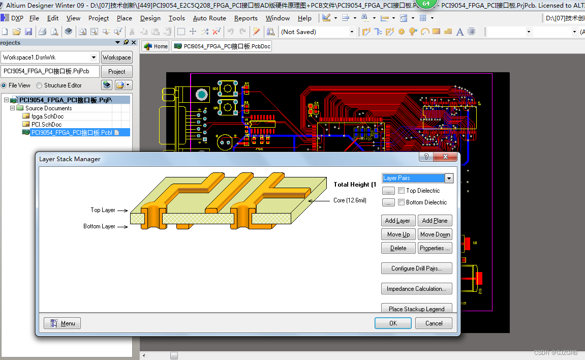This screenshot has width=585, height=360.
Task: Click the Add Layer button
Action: click(397, 221)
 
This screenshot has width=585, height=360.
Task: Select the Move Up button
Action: click(398, 234)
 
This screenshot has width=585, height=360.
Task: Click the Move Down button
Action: click(435, 234)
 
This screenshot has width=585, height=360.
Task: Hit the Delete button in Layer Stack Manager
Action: click(398, 248)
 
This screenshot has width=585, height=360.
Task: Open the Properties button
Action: click(435, 248)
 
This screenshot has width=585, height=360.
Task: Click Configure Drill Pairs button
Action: click(416, 268)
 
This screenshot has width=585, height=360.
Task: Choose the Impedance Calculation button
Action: click(416, 289)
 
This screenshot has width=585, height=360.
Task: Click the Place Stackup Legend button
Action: click(416, 309)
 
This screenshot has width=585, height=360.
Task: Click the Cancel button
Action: click(434, 323)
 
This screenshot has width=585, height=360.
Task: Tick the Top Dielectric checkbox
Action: click(402, 191)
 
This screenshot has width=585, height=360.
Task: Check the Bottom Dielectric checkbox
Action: click(402, 202)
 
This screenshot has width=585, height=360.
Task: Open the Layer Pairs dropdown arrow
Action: click(449, 178)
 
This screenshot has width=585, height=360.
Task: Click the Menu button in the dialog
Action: click(62, 323)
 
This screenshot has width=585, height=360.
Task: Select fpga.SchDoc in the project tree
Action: click(47, 116)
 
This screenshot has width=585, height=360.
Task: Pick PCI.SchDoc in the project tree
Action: click(46, 125)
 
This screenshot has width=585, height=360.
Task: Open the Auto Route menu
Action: click(209, 18)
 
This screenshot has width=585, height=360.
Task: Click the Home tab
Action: click(156, 46)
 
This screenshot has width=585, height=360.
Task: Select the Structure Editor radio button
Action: click(40, 85)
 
